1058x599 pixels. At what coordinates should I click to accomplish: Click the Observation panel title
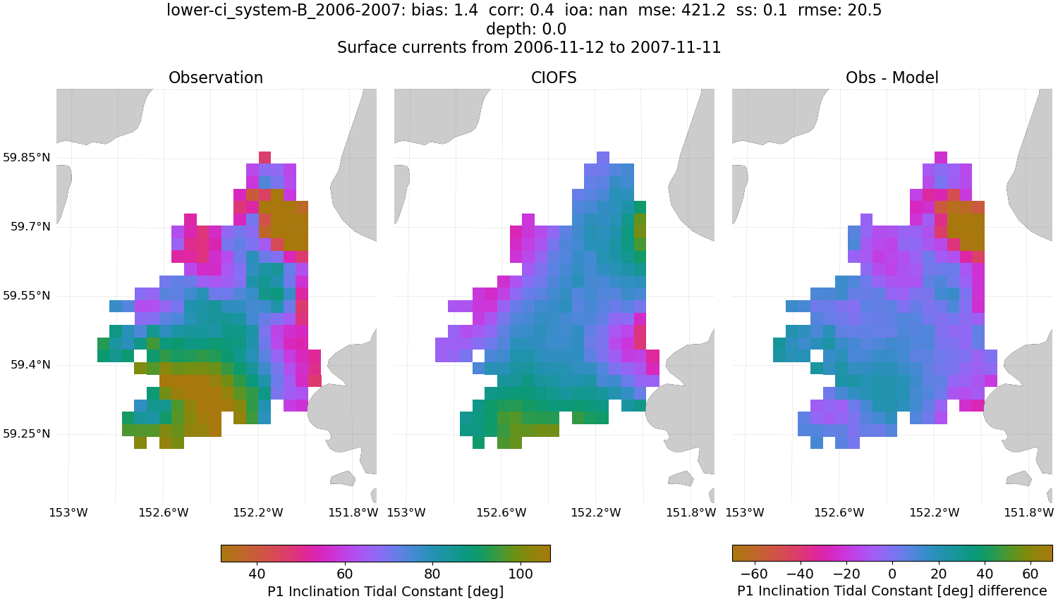(x=216, y=78)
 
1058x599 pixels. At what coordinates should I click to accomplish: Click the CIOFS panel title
(x=554, y=78)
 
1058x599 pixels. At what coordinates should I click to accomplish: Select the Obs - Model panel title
(x=892, y=78)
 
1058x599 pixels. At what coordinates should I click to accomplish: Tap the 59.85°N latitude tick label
(x=27, y=157)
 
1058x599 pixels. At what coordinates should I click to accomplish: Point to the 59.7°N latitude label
(x=30, y=227)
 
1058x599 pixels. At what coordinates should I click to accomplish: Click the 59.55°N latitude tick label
(x=27, y=296)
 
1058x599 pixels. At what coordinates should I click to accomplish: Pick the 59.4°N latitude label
(x=30, y=365)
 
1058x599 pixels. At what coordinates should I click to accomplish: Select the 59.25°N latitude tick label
(x=27, y=434)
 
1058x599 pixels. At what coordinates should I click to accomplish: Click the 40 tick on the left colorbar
(x=257, y=574)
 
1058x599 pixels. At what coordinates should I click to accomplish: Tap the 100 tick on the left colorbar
(x=521, y=574)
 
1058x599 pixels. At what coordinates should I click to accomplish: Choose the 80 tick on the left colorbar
(x=432, y=574)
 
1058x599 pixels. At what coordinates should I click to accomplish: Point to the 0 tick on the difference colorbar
(x=892, y=574)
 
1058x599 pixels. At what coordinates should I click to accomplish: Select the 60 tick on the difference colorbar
(x=1030, y=574)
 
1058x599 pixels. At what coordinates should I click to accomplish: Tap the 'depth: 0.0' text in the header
(x=525, y=30)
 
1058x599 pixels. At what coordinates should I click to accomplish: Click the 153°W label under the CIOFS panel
(x=406, y=513)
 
